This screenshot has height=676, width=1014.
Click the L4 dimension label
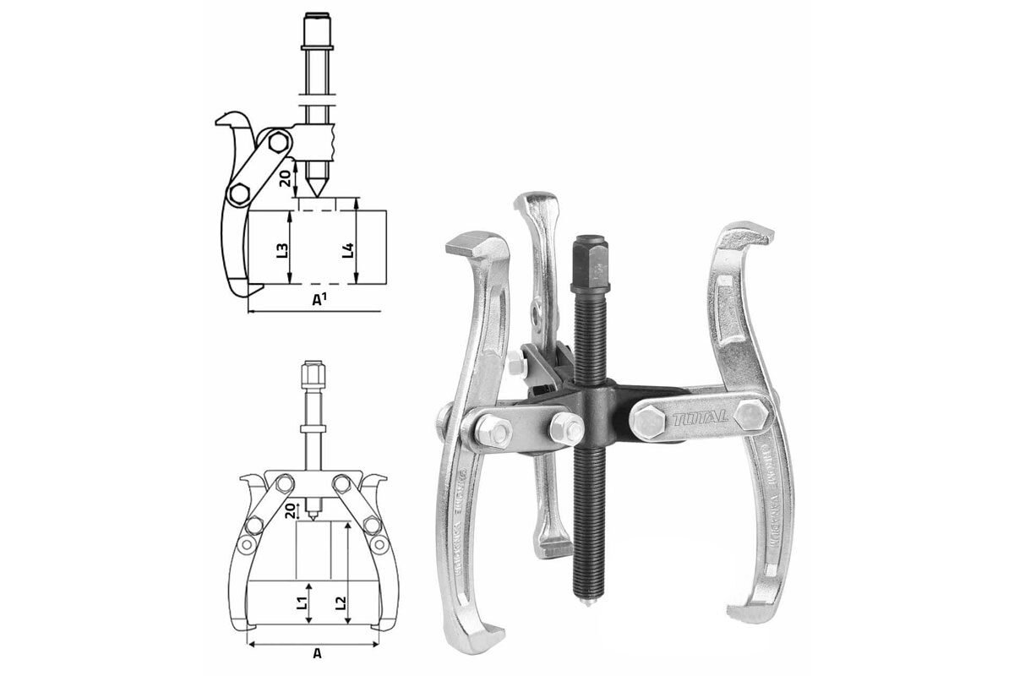pyautogui.click(x=347, y=250)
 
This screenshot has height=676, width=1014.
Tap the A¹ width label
pyautogui.click(x=320, y=300)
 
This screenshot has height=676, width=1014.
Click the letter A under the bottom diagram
pyautogui.click(x=317, y=653)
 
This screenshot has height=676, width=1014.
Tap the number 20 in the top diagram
pyautogui.click(x=286, y=178)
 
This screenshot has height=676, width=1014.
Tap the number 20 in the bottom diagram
pyautogui.click(x=290, y=510)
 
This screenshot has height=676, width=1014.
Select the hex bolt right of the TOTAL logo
pyautogui.click(x=750, y=415)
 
